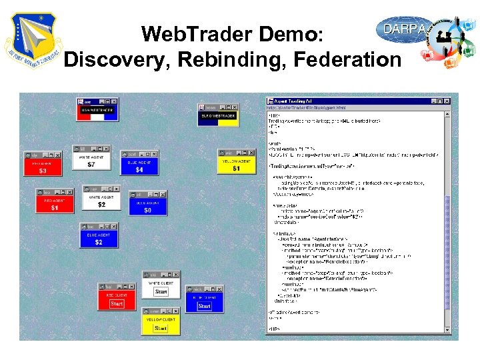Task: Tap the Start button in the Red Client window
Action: [117, 303]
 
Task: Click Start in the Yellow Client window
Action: [161, 328]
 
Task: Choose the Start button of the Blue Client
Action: [204, 306]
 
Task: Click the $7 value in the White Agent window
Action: [91, 164]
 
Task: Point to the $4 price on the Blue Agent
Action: [139, 170]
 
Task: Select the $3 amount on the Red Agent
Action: [43, 171]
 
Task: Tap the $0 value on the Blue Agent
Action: [147, 210]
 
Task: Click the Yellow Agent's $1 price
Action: [236, 169]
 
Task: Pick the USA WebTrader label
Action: [97, 109]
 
